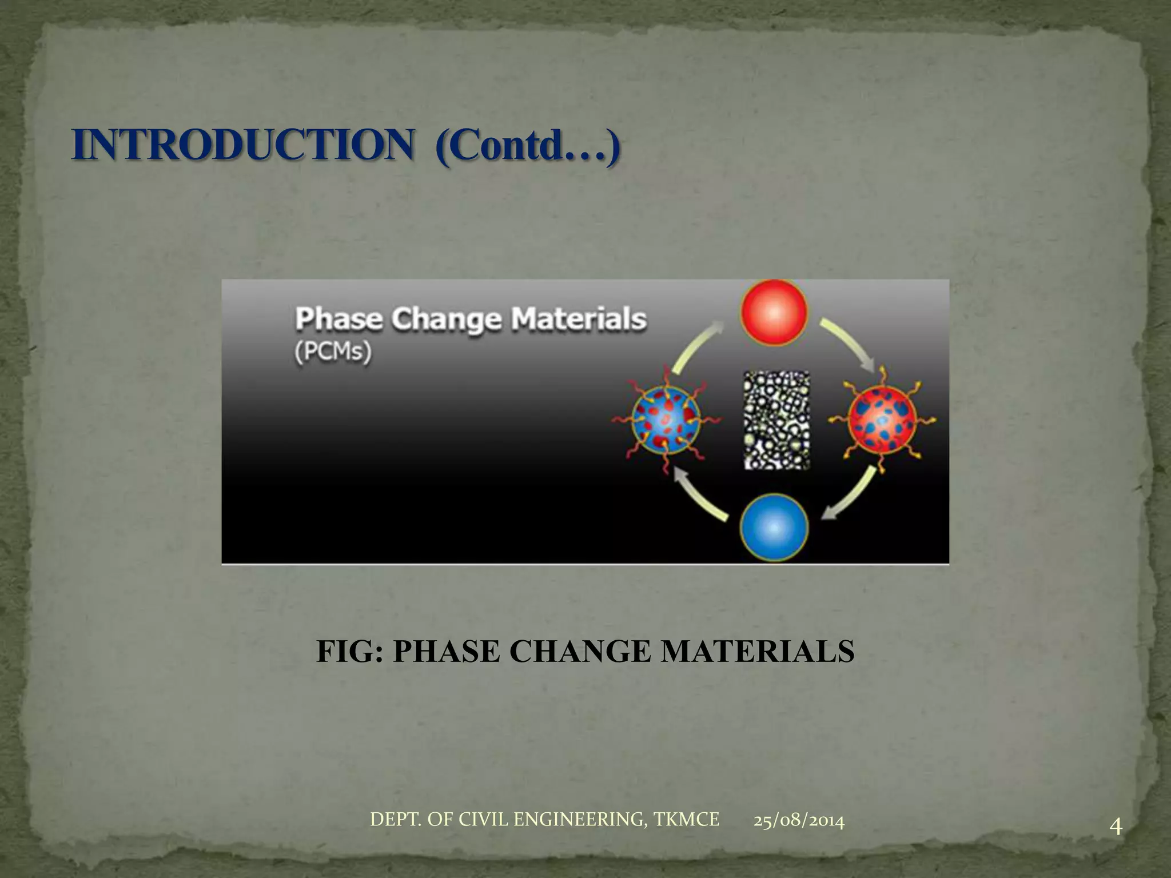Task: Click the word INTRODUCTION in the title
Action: tap(243, 145)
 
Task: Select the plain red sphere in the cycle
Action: tap(774, 312)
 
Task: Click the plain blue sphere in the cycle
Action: tap(774, 527)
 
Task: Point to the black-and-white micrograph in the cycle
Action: tap(776, 420)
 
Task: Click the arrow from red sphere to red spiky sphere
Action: tap(849, 344)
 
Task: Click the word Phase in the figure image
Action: tap(338, 319)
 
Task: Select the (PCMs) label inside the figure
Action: tap(333, 351)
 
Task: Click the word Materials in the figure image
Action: tap(579, 319)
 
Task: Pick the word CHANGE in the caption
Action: tap(580, 652)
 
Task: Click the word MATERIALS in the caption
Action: tap(758, 652)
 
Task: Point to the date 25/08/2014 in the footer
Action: tap(799, 821)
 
